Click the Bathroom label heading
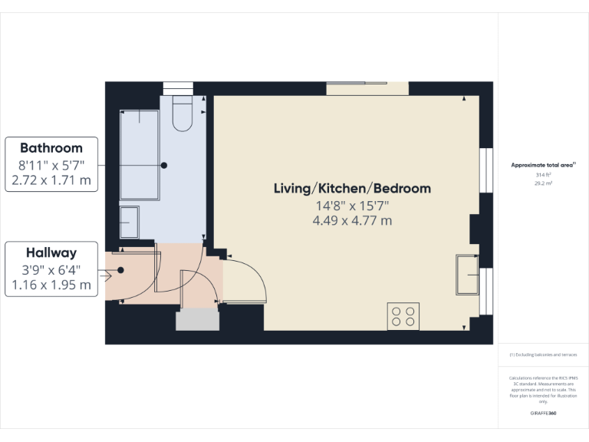click(51, 147)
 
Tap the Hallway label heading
click(51, 252)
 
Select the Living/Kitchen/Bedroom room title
click(352, 188)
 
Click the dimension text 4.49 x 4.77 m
click(352, 221)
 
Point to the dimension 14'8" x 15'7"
click(352, 205)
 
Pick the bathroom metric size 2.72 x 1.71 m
click(51, 181)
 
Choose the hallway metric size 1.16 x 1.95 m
click(51, 285)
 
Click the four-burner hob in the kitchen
click(403, 316)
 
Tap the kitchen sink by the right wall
click(466, 274)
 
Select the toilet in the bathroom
click(183, 113)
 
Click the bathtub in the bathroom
click(139, 155)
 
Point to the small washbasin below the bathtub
click(129, 222)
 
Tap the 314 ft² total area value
click(543, 175)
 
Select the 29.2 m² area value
click(543, 184)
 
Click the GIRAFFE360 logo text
click(543, 413)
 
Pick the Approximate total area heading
click(543, 165)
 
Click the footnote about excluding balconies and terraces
click(543, 355)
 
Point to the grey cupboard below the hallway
click(198, 320)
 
